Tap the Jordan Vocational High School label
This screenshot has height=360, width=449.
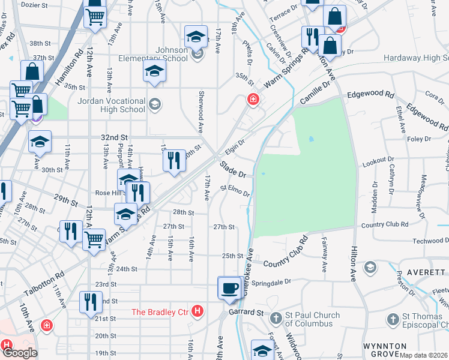click(112, 105)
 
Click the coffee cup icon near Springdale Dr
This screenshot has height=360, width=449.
click(229, 287)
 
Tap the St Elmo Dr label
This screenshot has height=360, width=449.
click(235, 191)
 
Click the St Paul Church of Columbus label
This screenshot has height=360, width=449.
click(309, 319)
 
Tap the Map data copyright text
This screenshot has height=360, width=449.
click(424, 355)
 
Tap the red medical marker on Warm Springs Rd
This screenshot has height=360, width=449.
click(253, 100)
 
